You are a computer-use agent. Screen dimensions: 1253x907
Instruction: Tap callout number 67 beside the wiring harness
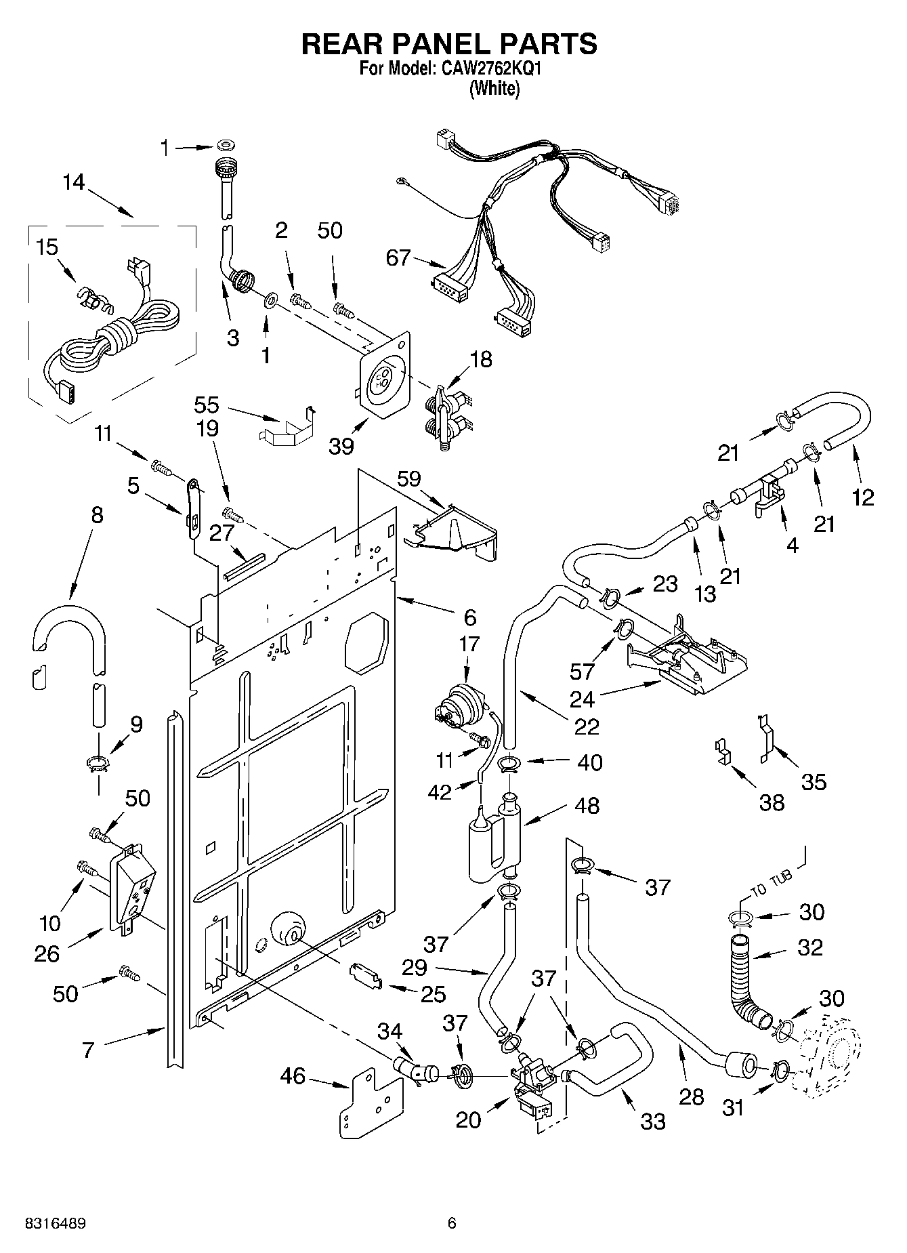click(x=398, y=258)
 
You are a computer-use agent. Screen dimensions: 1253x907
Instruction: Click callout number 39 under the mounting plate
click(x=341, y=445)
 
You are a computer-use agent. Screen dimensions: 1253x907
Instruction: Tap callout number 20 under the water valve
click(x=468, y=1120)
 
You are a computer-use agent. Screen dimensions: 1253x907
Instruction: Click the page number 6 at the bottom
click(x=452, y=1223)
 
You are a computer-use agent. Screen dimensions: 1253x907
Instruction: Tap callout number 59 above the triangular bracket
click(x=409, y=478)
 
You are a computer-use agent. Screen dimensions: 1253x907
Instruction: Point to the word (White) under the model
click(x=494, y=89)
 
